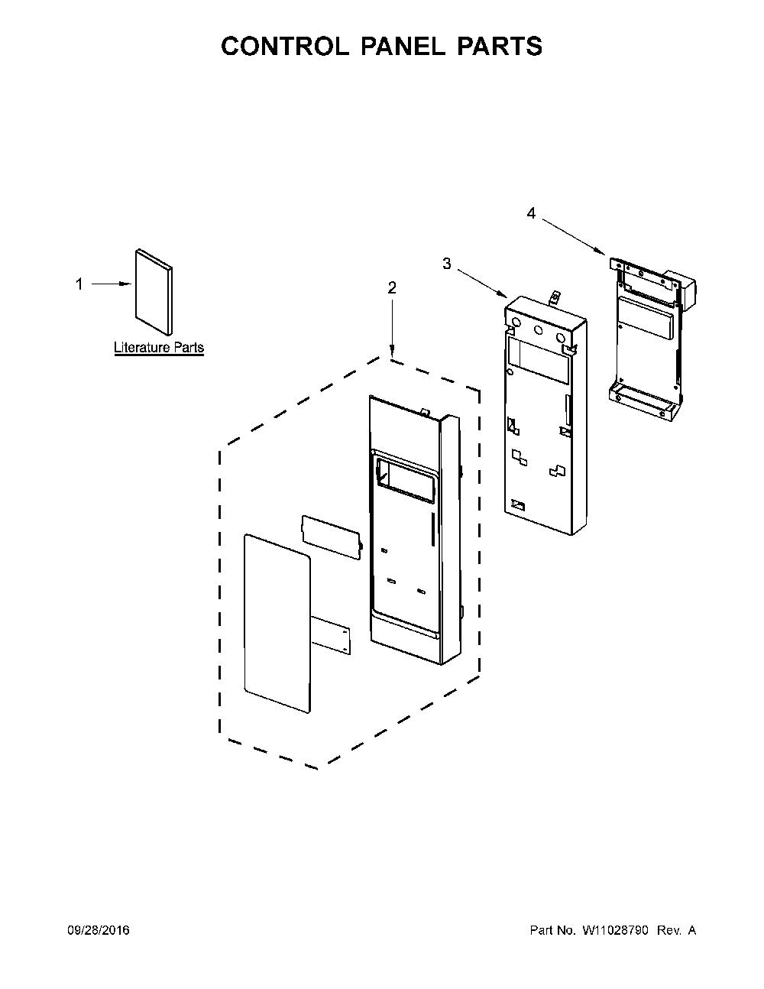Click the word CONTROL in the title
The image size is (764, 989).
click(285, 46)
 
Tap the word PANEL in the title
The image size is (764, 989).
click(403, 46)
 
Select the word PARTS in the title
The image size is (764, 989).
click(500, 46)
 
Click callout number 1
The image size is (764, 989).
click(79, 284)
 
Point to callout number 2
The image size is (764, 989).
click(391, 287)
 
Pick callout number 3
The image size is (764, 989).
click(447, 263)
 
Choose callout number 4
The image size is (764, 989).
click(531, 213)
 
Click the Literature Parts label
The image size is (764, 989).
click(159, 347)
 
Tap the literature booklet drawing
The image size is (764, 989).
click(154, 292)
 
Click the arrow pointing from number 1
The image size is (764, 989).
click(112, 284)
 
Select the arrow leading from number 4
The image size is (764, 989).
click(573, 237)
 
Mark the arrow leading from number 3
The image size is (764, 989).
click(483, 284)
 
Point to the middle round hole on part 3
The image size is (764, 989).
click(539, 331)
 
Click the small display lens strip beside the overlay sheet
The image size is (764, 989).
click(332, 537)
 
